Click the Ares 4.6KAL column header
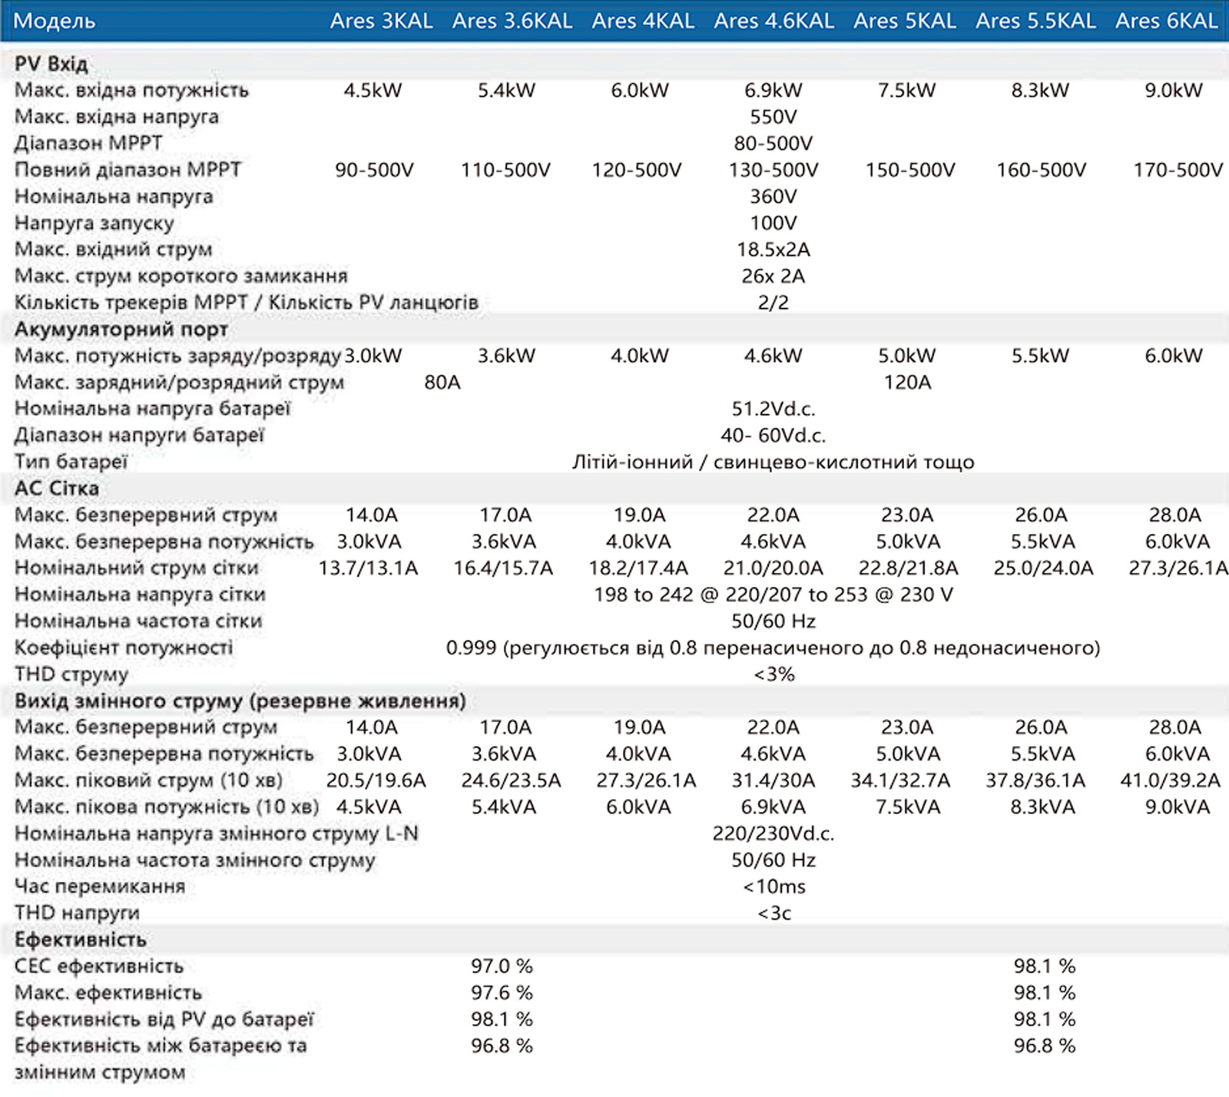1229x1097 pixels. (x=774, y=21)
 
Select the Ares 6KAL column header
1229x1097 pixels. (x=1167, y=21)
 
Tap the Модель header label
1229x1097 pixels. (x=55, y=21)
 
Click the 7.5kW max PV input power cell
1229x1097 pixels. (x=907, y=90)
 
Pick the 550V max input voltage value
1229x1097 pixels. (x=774, y=117)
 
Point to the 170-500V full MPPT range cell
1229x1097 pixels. (x=1178, y=170)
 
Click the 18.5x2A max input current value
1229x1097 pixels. (x=774, y=250)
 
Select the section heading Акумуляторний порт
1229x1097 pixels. (x=121, y=330)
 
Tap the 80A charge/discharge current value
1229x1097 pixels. (x=442, y=382)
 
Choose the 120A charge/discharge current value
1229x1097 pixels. (x=907, y=382)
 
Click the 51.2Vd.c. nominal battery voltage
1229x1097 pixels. (x=774, y=409)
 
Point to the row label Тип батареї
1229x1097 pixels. (x=71, y=462)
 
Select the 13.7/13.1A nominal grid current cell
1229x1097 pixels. (x=369, y=568)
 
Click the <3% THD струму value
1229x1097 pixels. (x=774, y=674)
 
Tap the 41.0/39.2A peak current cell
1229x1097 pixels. (x=1171, y=780)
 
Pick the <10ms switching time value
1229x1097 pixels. (x=774, y=887)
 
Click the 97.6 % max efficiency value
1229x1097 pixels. (x=502, y=993)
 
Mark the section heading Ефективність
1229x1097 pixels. (x=81, y=940)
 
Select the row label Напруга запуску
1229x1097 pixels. (x=94, y=223)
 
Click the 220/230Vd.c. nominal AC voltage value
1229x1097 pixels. (x=774, y=834)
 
